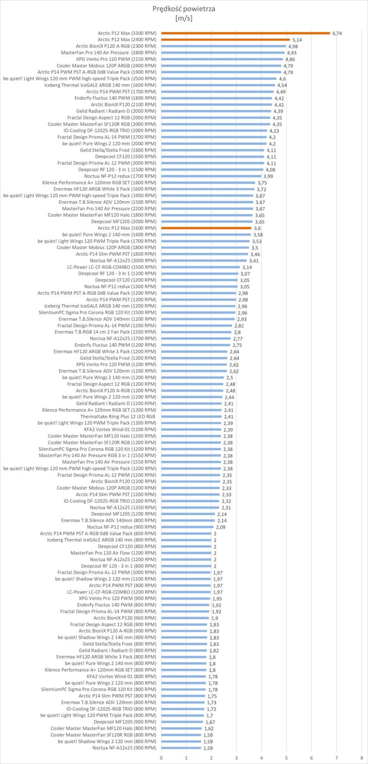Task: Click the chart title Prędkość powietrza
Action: coord(184,9)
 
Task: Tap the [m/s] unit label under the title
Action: coord(184,19)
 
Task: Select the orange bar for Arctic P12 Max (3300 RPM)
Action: coord(245,33)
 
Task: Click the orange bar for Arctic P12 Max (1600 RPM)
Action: coord(206,228)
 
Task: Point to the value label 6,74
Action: coord(337,33)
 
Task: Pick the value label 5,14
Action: coord(297,40)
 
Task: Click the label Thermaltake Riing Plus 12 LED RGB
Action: coord(118,416)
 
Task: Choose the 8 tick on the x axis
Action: coord(361,758)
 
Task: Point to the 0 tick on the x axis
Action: coord(161,758)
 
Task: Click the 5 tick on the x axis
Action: coord(286,758)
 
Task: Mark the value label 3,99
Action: coord(268,176)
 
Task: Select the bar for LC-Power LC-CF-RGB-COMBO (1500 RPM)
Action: coord(200,267)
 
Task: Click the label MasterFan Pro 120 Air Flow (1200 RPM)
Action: coord(113,553)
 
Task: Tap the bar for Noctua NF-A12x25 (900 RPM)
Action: coord(181,748)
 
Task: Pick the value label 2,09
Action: coord(221,527)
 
